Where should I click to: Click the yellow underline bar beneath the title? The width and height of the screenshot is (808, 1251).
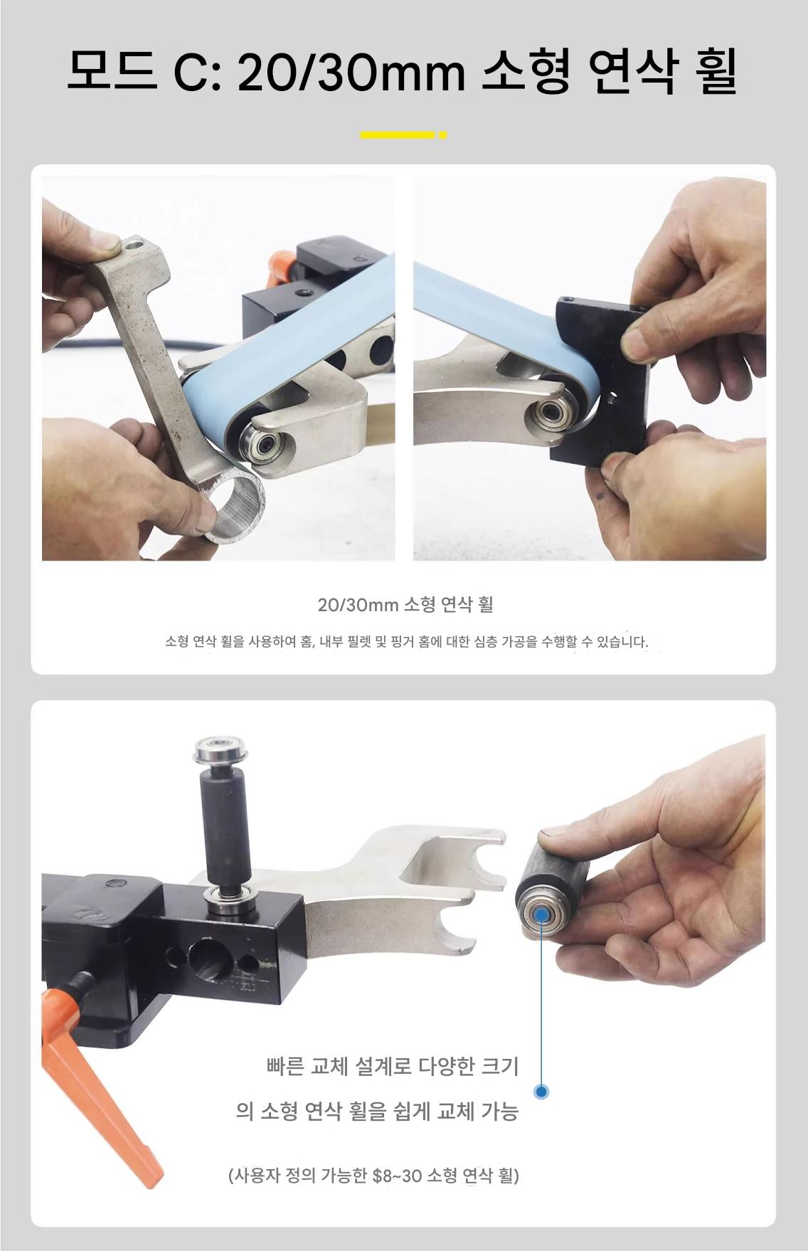(397, 134)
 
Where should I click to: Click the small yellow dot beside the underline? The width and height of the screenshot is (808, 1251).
(443, 134)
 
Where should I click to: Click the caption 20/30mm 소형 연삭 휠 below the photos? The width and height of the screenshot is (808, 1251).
(405, 605)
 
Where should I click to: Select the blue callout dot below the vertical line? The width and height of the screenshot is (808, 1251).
(541, 1091)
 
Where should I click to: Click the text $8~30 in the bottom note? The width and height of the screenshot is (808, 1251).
(397, 1175)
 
